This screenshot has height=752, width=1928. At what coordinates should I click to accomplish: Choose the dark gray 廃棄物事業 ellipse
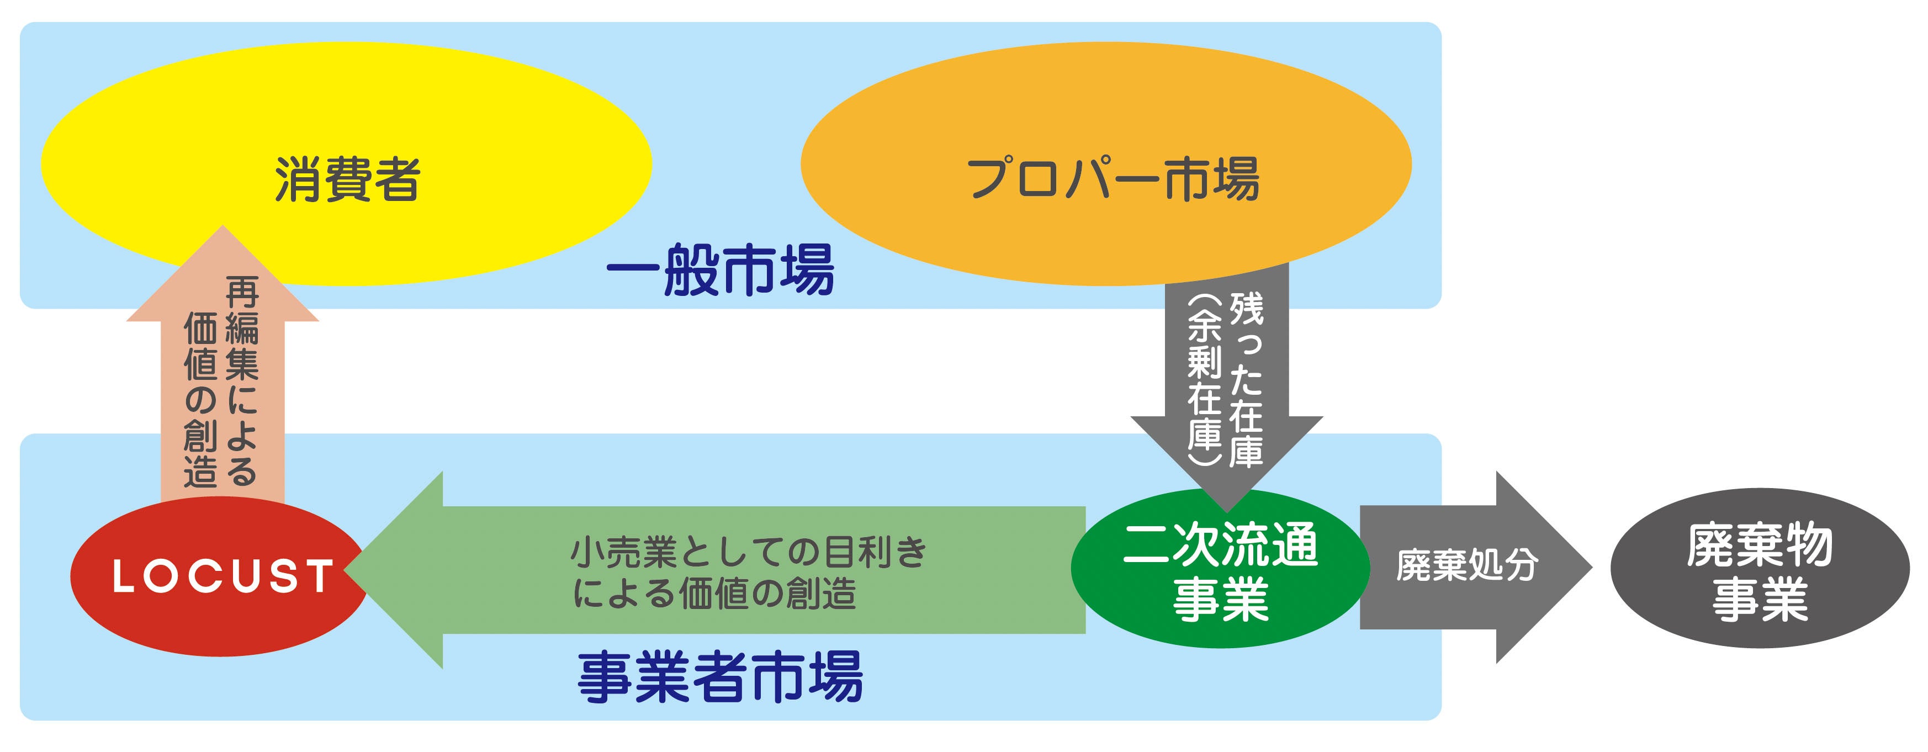(1760, 569)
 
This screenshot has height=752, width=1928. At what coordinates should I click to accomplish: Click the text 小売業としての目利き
(749, 552)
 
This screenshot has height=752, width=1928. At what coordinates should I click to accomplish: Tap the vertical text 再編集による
(242, 382)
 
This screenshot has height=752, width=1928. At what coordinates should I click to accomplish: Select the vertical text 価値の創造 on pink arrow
(200, 400)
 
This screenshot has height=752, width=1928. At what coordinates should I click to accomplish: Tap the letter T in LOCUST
(320, 576)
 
